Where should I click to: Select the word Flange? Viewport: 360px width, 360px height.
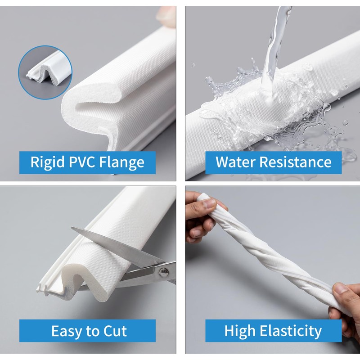(x=121, y=162)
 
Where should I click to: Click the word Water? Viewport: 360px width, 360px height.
(x=236, y=162)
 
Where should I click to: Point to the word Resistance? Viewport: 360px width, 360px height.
(x=296, y=162)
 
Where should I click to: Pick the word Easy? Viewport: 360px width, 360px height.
(x=66, y=331)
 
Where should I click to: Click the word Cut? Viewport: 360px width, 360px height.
(x=115, y=331)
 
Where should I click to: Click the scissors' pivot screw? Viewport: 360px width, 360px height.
(x=163, y=273)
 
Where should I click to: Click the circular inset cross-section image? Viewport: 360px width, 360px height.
(x=45, y=72)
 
